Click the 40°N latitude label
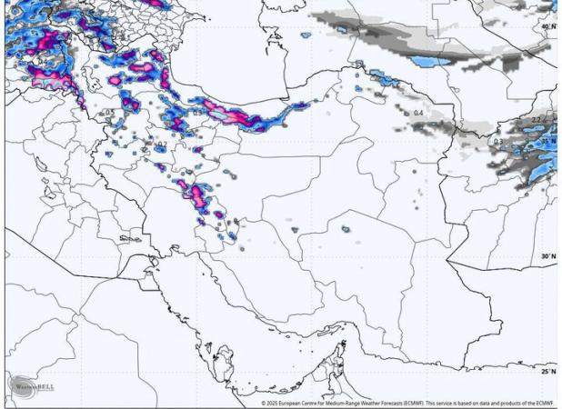[547, 27]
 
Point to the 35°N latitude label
[548, 142]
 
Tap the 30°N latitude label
[547, 256]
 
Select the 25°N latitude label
[547, 371]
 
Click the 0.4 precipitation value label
[418, 113]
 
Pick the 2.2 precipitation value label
[537, 120]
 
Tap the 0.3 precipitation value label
[497, 142]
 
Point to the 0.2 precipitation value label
[162, 144]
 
